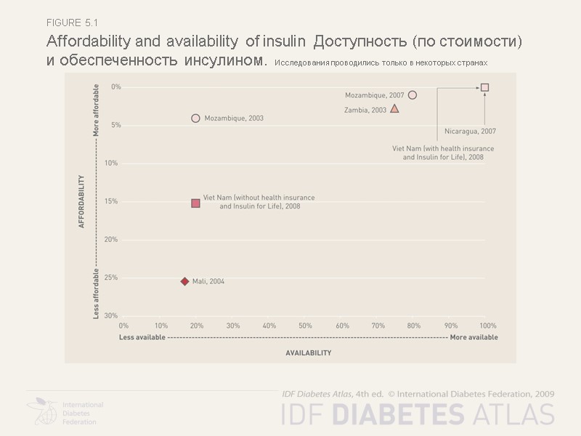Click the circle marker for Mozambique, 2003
point(195,118)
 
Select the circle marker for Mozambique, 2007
point(413,95)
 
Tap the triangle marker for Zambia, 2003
point(394,108)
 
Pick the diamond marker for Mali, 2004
point(184,281)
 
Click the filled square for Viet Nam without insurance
point(195,203)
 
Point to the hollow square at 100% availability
point(484,87)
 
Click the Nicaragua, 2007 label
point(470,132)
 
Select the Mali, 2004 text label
point(208,281)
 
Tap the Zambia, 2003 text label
point(365,110)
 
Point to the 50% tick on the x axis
point(305,326)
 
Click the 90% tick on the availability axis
point(451,326)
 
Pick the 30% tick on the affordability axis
point(110,315)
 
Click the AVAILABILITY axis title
point(308,352)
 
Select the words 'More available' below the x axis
point(474,337)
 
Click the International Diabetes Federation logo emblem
point(43,411)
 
